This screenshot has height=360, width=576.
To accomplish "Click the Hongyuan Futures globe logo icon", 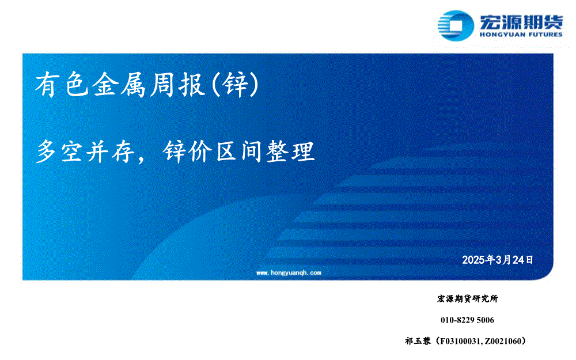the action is coord(456,25).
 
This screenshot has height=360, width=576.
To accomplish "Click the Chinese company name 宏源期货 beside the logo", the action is coord(521,22).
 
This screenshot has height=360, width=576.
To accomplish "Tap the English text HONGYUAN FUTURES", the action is coord(521,35).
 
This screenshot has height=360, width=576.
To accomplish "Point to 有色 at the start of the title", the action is coord(62,84).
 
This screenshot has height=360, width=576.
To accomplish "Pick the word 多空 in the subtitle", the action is coord(59,151).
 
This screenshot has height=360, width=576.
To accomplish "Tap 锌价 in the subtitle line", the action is coord(187,151).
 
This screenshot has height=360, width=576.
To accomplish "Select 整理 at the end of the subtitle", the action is coord(290,151).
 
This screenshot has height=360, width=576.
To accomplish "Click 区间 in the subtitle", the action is coord(239,151).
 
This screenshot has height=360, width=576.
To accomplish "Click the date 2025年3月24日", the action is coord(498,260).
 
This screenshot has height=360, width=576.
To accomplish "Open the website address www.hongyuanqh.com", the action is coord(289,272).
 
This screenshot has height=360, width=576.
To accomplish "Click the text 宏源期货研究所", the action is coord(468,298).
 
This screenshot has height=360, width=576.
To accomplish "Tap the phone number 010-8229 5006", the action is coord(467,320).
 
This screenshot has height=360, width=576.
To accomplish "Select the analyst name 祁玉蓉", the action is coord(418,341).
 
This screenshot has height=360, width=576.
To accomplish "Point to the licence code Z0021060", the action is coord(502,341).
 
